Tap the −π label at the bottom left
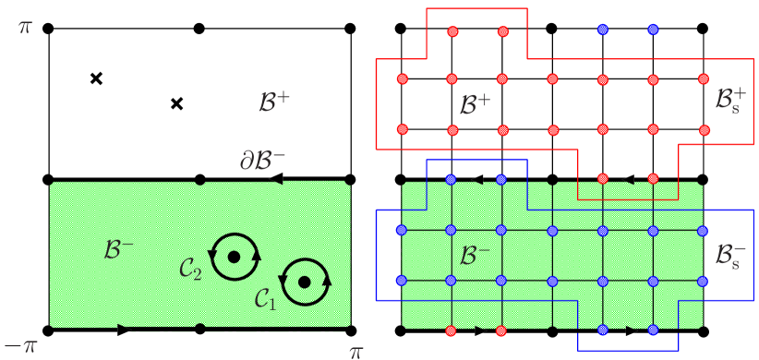click(20, 348)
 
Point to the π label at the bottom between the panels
click(355, 351)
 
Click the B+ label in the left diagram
click(274, 103)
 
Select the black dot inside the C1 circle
click(305, 282)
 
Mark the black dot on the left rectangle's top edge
click(200, 183)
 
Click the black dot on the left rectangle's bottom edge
click(200, 327)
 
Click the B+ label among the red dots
click(475, 105)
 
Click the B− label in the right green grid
click(474, 256)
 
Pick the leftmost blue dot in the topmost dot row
click(603, 30)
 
